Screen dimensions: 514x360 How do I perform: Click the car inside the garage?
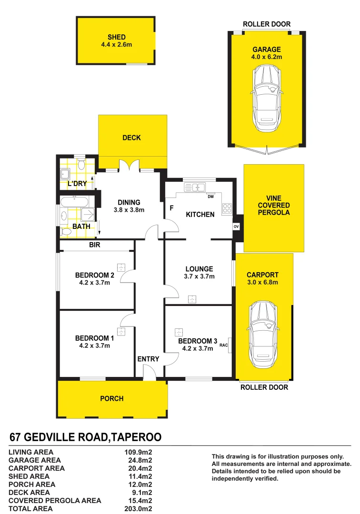click(267, 98)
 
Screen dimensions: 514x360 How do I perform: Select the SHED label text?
click(116, 37)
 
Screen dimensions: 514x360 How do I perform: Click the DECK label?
click(132, 138)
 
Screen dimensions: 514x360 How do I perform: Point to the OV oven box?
click(236, 227)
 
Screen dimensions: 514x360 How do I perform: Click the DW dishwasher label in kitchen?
click(210, 196)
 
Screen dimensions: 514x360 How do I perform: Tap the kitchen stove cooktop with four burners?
click(227, 208)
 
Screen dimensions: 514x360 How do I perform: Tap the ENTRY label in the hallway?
click(148, 359)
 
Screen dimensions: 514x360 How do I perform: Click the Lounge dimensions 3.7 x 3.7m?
click(200, 277)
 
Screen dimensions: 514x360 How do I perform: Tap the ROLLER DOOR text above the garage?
click(267, 24)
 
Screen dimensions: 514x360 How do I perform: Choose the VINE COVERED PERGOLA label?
click(274, 205)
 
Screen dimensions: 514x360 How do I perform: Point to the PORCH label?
click(112, 399)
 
